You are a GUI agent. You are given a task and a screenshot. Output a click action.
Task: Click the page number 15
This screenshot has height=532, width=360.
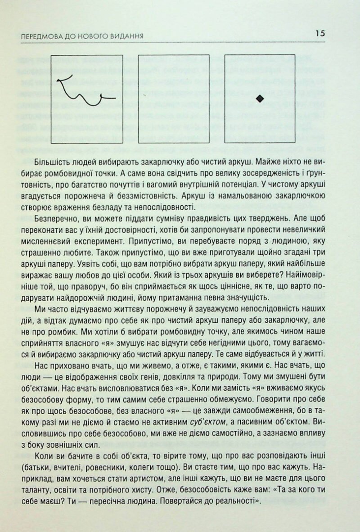(x=320, y=34)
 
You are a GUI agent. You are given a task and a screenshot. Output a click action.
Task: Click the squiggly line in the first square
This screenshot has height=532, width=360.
(x=86, y=92)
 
